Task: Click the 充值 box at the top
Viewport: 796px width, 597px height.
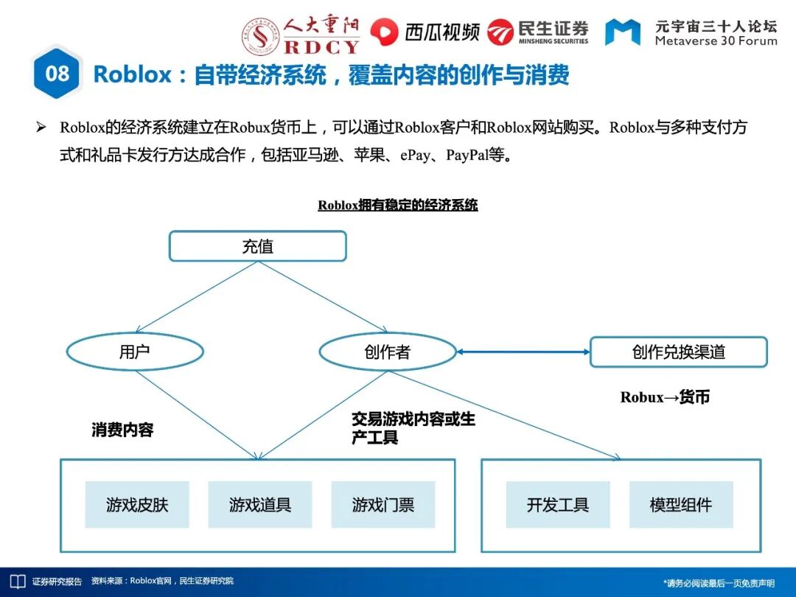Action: pos(257,246)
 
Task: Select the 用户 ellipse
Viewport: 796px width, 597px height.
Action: pos(134,352)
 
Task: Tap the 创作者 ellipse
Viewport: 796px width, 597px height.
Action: pos(387,352)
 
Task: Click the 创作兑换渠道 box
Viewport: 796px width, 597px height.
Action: pos(678,352)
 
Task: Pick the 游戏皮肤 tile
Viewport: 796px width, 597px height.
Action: pos(137,505)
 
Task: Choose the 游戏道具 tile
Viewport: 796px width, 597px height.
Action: pos(260,505)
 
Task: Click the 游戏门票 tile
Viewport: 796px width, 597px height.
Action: pos(383,505)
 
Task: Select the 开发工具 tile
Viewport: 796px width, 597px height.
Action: pos(558,505)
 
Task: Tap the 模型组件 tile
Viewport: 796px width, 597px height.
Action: pos(681,505)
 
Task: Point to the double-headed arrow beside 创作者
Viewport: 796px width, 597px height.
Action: pos(523,352)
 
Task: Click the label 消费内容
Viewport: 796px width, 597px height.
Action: pos(122,430)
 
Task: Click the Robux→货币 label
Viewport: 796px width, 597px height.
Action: pos(665,397)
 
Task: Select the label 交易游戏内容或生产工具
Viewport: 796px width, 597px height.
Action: pos(413,428)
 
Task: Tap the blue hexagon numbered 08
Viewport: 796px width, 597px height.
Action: pos(57,73)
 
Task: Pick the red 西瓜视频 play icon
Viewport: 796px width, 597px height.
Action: pos(384,32)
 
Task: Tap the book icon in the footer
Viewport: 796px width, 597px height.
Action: pos(17,582)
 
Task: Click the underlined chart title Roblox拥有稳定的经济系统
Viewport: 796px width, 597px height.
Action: pos(398,206)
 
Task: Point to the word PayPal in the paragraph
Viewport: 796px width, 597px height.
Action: pos(467,156)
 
